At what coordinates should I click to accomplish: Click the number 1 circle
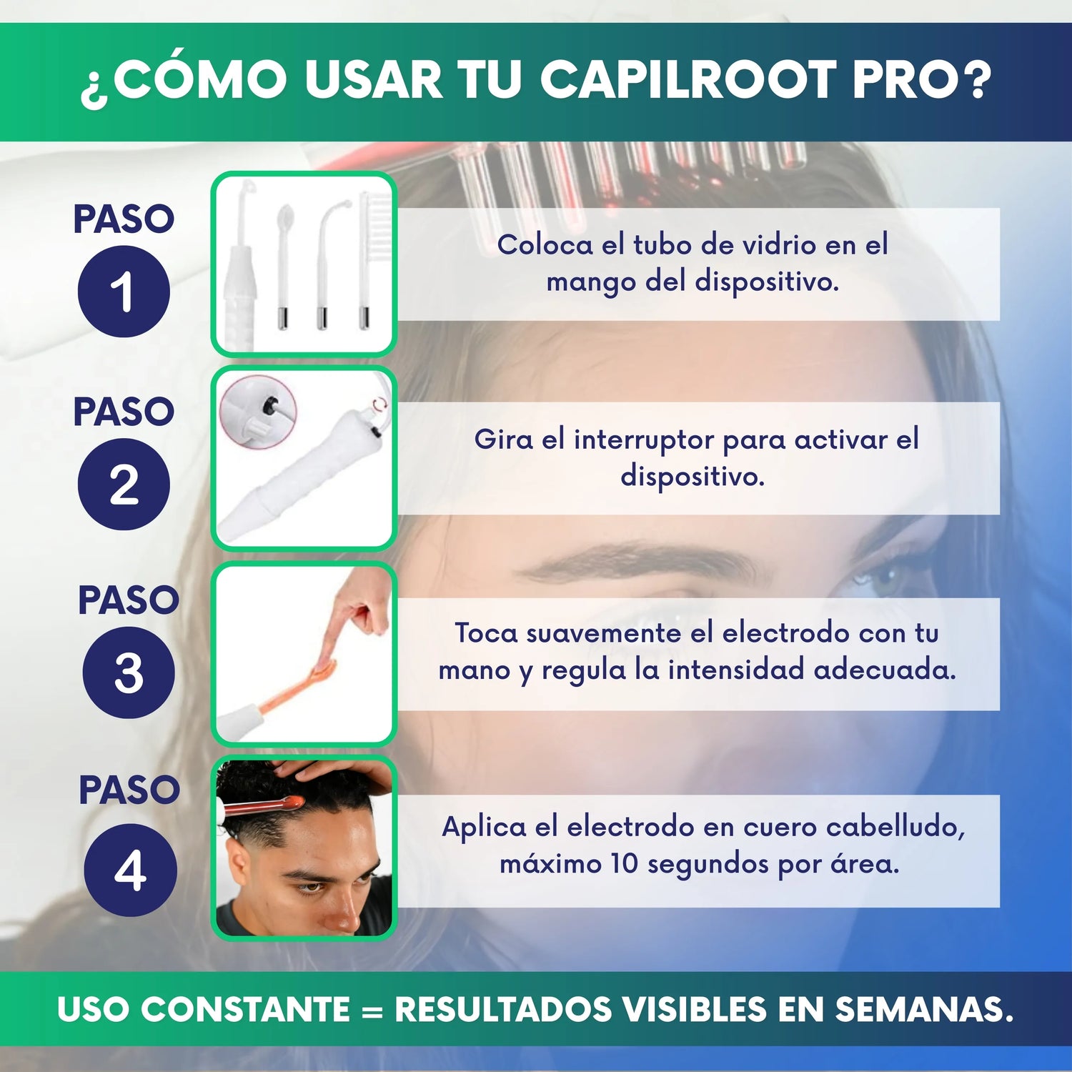[x=124, y=291]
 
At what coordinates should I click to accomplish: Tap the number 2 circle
[x=124, y=484]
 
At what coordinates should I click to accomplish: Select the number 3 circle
[x=129, y=673]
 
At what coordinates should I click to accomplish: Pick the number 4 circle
[x=130, y=870]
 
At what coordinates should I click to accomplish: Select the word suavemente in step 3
[x=603, y=633]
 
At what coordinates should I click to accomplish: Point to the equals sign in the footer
[x=372, y=1011]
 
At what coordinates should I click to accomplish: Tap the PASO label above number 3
[x=129, y=600]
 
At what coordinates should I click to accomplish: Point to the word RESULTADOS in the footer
[x=503, y=1009]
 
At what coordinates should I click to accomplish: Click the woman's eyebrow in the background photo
[x=636, y=560]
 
